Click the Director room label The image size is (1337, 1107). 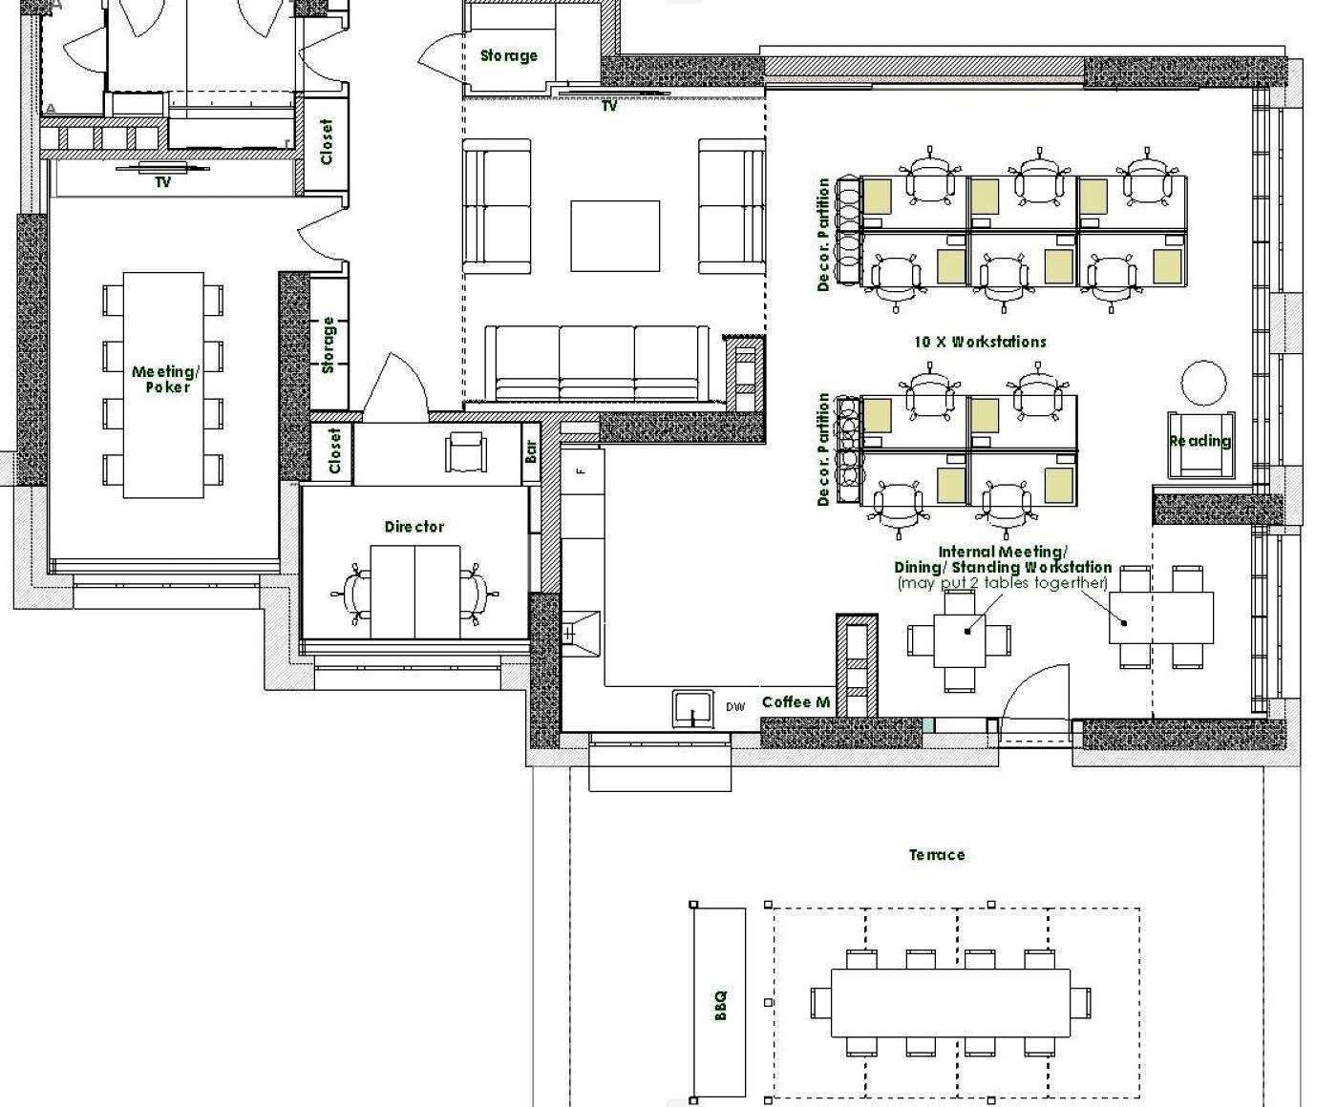414,527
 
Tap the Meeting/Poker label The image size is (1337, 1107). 166,379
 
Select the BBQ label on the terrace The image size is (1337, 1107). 720,1005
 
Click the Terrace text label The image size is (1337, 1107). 937,855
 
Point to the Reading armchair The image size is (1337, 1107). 1200,446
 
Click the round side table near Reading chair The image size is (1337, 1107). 1204,383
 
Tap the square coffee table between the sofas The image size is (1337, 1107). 615,236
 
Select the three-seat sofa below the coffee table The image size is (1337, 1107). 597,364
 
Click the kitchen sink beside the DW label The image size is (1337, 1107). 692,709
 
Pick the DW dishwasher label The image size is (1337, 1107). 735,707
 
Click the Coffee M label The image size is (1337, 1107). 796,702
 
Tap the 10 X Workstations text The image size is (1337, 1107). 981,342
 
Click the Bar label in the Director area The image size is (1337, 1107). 531,450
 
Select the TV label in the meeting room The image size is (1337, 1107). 162,182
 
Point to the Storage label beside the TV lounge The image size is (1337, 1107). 509,55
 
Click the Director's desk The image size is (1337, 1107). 414,592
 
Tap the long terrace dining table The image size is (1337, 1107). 950,1003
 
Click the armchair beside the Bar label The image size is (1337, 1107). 465,451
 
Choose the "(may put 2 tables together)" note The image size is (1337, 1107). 1003,583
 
